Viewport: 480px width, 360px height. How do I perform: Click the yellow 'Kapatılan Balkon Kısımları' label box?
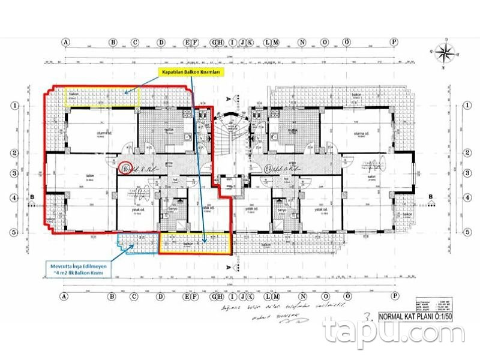[x=190, y=71]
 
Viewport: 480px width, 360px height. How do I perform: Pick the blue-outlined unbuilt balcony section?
[x=137, y=243]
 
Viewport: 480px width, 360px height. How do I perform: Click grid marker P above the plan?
[x=394, y=43]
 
